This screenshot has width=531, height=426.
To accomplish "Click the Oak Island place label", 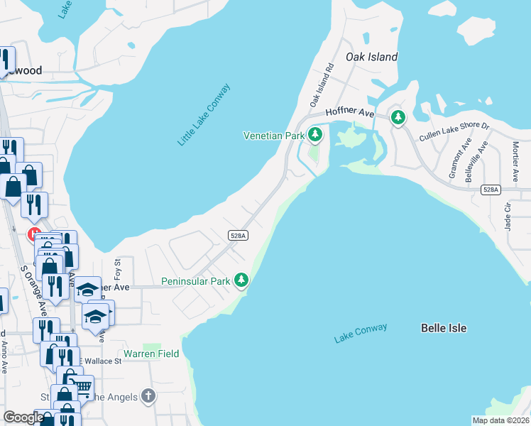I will click(x=371, y=57).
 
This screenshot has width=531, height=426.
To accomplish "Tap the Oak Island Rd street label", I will click(x=321, y=86).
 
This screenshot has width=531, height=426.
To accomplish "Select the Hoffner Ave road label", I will click(x=349, y=113).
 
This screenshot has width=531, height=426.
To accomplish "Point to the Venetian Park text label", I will click(x=273, y=135).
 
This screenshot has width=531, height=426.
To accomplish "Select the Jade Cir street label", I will click(x=508, y=214).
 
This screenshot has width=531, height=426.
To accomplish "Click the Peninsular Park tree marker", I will click(x=242, y=280).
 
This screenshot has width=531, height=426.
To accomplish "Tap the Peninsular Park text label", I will click(x=196, y=281).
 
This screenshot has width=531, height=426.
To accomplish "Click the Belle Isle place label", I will click(x=444, y=328).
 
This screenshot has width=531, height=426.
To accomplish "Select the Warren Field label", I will click(x=151, y=354).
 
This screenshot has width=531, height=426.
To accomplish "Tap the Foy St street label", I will click(x=118, y=271).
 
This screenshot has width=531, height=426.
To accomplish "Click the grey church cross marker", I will click(x=148, y=395).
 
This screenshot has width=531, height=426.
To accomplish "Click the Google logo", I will click(x=23, y=417).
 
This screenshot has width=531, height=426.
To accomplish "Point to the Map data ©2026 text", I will click(x=500, y=420).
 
